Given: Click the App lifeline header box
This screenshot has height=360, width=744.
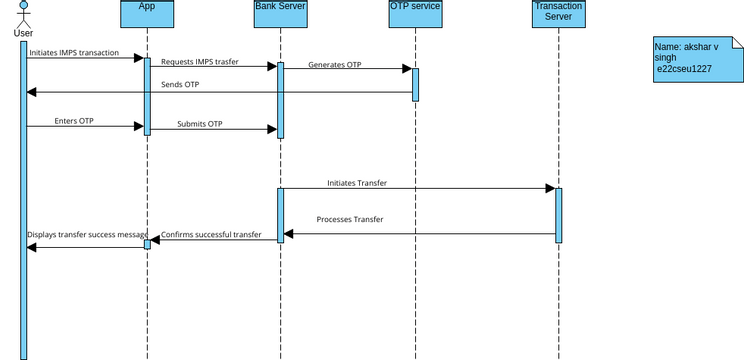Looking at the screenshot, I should click(x=147, y=14).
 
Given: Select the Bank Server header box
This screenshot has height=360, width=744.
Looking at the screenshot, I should click(x=280, y=14).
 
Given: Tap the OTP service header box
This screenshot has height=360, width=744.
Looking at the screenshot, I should click(x=414, y=14).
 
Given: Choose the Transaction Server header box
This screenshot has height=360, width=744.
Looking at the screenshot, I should click(x=558, y=14).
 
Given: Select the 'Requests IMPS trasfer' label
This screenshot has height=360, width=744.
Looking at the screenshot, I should click(x=200, y=61).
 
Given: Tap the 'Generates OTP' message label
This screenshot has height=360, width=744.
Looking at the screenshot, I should click(x=335, y=64).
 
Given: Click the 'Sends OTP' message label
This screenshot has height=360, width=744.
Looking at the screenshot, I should click(x=180, y=85).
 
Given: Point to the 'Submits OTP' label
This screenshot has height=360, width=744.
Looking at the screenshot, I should click(x=200, y=124).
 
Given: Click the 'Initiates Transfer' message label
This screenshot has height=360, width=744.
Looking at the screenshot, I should click(x=357, y=183).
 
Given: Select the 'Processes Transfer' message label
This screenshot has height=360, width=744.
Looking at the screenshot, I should click(x=350, y=219).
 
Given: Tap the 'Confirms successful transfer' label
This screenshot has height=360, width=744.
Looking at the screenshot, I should click(x=211, y=234).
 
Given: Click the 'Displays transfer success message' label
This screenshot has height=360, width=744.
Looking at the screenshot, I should click(x=87, y=234).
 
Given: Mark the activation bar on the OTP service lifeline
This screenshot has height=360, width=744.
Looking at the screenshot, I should click(x=415, y=84).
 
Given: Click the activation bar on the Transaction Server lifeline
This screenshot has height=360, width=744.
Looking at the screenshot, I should click(x=559, y=215).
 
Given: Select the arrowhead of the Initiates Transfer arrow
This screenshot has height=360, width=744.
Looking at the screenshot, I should click(x=549, y=189).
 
